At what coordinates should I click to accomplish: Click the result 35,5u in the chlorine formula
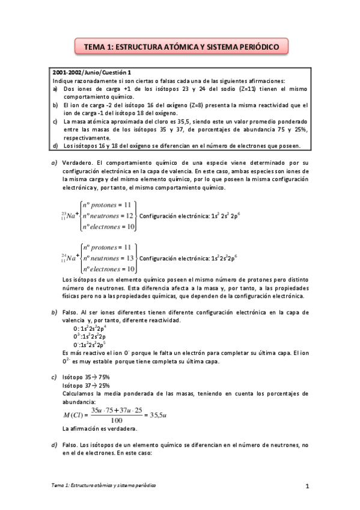161,414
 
